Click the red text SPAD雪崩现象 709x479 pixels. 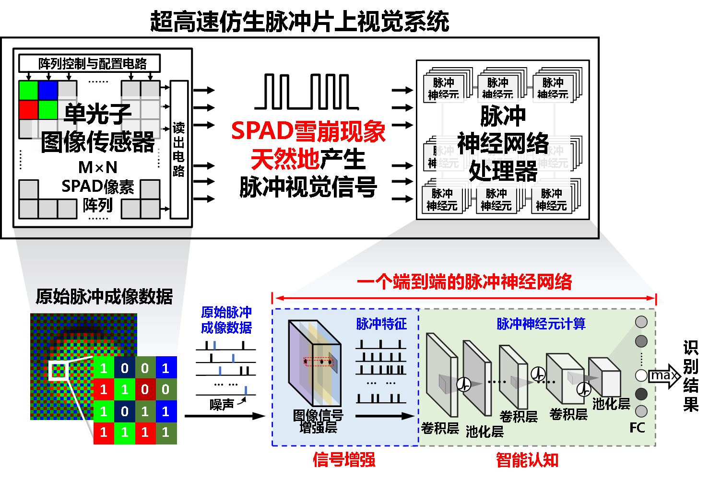pyautogui.click(x=308, y=131)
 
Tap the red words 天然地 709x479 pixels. pyautogui.click(x=285, y=159)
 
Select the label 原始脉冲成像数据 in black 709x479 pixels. pyautogui.click(x=104, y=297)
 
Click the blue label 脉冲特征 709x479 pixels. pyautogui.click(x=381, y=324)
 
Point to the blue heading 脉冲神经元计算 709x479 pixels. pyautogui.click(x=541, y=324)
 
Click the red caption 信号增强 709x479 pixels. pyautogui.click(x=344, y=460)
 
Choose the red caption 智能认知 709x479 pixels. pyautogui.click(x=527, y=460)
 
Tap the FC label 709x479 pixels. pyautogui.click(x=637, y=428)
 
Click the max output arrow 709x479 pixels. pyautogui.click(x=664, y=375)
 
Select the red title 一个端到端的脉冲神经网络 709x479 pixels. pyautogui.click(x=464, y=282)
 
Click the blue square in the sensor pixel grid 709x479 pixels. pyautogui.click(x=48, y=91)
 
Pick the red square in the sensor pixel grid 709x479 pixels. pyautogui.click(x=29, y=110)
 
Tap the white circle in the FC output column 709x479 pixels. pyautogui.click(x=641, y=375)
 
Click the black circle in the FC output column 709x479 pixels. pyautogui.click(x=641, y=394)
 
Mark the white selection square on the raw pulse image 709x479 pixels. pyautogui.click(x=58, y=371)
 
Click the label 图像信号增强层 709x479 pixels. pyautogui.click(x=318, y=421)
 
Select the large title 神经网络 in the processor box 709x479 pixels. pyautogui.click(x=503, y=143)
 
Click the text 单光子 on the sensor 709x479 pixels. pyautogui.click(x=97, y=114)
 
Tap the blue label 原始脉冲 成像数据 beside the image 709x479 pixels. pyautogui.click(x=226, y=320)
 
